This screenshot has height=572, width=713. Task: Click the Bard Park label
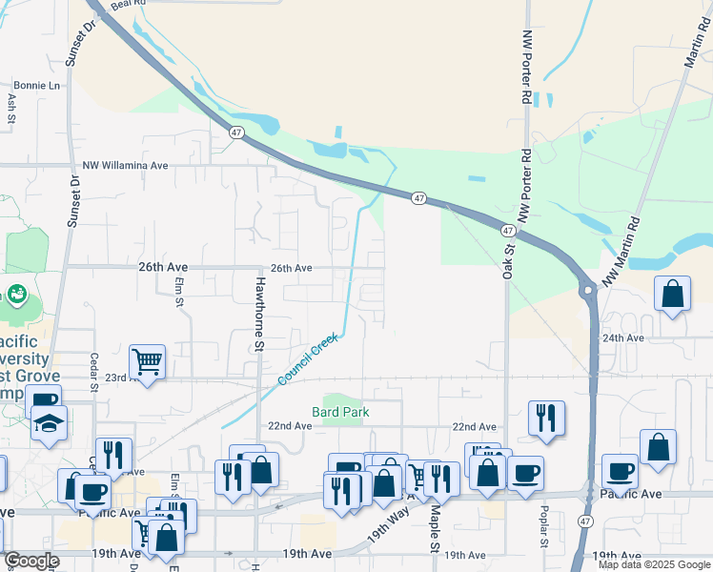click(340, 413)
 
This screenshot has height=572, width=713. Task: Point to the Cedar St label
click(94, 372)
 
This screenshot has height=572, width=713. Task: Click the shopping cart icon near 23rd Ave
click(147, 361)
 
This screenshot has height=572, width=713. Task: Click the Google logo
click(31, 562)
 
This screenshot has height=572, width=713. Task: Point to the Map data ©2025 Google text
click(653, 564)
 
